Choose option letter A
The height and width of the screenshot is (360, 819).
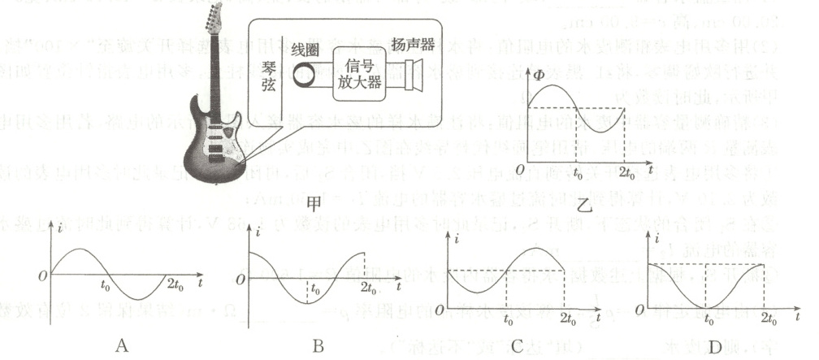122,345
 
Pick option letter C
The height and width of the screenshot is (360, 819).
518,345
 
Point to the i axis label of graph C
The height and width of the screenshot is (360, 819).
460,241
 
